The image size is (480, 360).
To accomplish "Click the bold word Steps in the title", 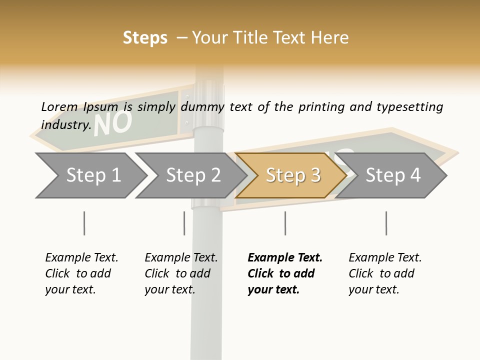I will tap(145, 38).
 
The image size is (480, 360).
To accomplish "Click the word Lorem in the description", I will tap(59, 106).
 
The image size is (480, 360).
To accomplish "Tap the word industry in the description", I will tap(65, 124).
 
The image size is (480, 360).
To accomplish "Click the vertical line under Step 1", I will tap(84, 223).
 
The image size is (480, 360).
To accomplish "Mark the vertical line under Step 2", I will tap(184, 223).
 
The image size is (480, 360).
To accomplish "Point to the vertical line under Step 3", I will tap(285, 223).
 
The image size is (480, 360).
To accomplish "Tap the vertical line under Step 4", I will tap(386, 223).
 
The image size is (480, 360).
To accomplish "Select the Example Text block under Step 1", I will tap(81, 273).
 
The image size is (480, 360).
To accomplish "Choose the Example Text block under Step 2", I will tap(181, 273).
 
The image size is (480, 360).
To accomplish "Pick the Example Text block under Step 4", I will tap(385, 273).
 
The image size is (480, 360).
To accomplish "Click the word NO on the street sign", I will tap(113, 123).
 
